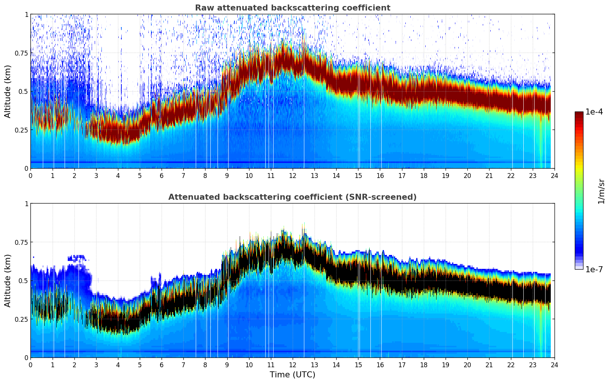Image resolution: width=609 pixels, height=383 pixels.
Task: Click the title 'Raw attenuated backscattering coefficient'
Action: pyautogui.click(x=292, y=8)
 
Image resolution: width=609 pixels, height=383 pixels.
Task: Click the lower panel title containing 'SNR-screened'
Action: pyautogui.click(x=292, y=197)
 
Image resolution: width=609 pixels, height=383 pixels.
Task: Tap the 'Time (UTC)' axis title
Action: pyautogui.click(x=292, y=375)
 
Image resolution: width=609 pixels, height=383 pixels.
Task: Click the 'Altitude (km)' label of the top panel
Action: pyautogui.click(x=8, y=91)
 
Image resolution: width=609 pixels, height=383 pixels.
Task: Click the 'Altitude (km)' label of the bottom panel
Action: pyautogui.click(x=8, y=280)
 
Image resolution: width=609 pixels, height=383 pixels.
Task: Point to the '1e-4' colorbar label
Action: pyautogui.click(x=594, y=112)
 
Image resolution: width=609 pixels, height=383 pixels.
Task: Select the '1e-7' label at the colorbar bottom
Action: pyautogui.click(x=594, y=270)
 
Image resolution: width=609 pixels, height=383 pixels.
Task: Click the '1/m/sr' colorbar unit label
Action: pyautogui.click(x=601, y=191)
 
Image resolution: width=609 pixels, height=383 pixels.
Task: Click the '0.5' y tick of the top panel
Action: pyautogui.click(x=23, y=91)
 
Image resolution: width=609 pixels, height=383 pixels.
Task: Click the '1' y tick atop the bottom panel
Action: pyautogui.click(x=26, y=204)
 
